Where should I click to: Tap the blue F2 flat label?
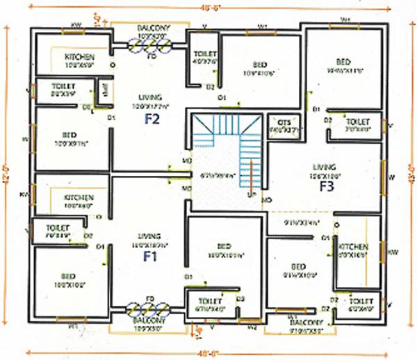coord(152,119)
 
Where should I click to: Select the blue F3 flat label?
coord(328,186)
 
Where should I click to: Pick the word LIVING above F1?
coord(149,236)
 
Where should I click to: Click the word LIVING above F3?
coord(325,167)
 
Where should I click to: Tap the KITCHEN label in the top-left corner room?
coord(81,56)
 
